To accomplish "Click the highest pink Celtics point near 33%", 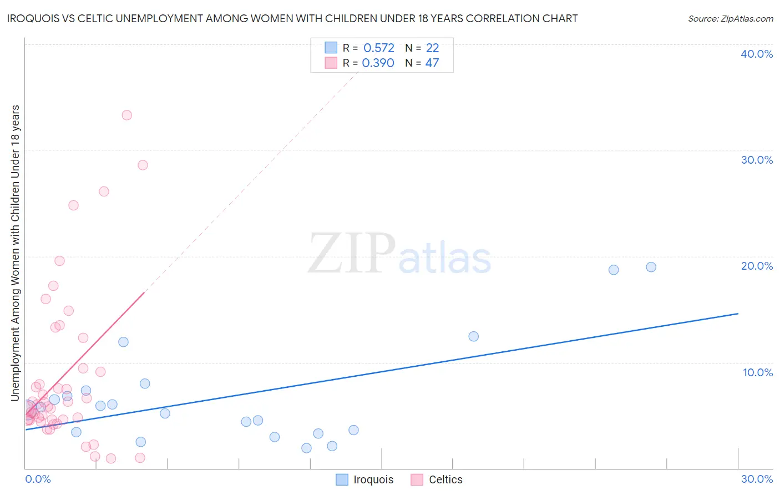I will [126, 115].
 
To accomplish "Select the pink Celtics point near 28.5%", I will [143, 165].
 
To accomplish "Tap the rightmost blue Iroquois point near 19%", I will [651, 267].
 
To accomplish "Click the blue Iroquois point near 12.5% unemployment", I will [473, 336].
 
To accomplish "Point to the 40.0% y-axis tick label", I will [757, 54].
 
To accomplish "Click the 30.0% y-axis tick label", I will [757, 160].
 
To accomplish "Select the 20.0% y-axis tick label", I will [757, 266].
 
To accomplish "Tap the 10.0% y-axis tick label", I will [758, 372].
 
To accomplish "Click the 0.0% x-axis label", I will [38, 479].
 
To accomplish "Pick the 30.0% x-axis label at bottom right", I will [757, 479].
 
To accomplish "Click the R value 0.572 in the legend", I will [379, 48].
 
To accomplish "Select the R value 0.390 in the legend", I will [378, 63].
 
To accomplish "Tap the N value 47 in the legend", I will [432, 63].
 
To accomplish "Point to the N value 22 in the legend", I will [432, 48].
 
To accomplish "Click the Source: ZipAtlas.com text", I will [730, 19].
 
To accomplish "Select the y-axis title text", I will [16, 252].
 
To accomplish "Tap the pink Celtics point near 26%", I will [104, 191].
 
